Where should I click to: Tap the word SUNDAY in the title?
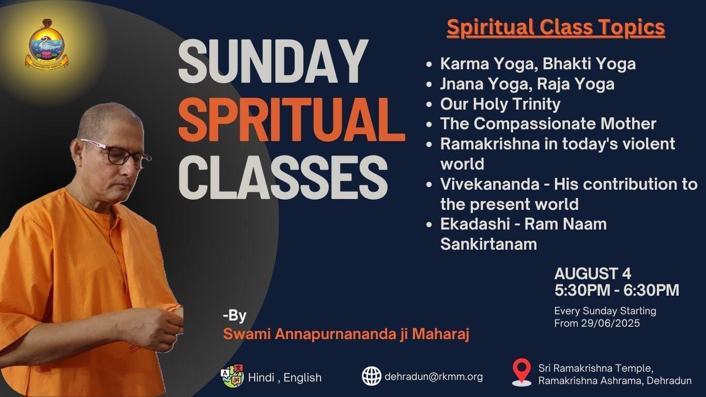[273, 62]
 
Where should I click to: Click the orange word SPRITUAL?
[291, 120]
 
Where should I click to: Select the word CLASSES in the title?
[283, 177]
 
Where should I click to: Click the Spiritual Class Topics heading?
[556, 27]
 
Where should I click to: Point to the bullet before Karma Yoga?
[428, 64]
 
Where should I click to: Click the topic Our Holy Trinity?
[500, 104]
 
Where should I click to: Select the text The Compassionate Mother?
[548, 124]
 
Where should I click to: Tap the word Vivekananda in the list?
[489, 184]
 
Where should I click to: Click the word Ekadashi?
[475, 224]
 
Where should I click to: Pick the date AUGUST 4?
[592, 273]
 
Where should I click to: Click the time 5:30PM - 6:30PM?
[617, 290]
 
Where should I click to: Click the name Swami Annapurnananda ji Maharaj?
[346, 334]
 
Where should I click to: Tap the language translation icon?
[233, 376]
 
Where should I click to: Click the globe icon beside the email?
[372, 376]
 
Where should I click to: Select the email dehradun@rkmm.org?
[434, 377]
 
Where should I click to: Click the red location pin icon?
[521, 372]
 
